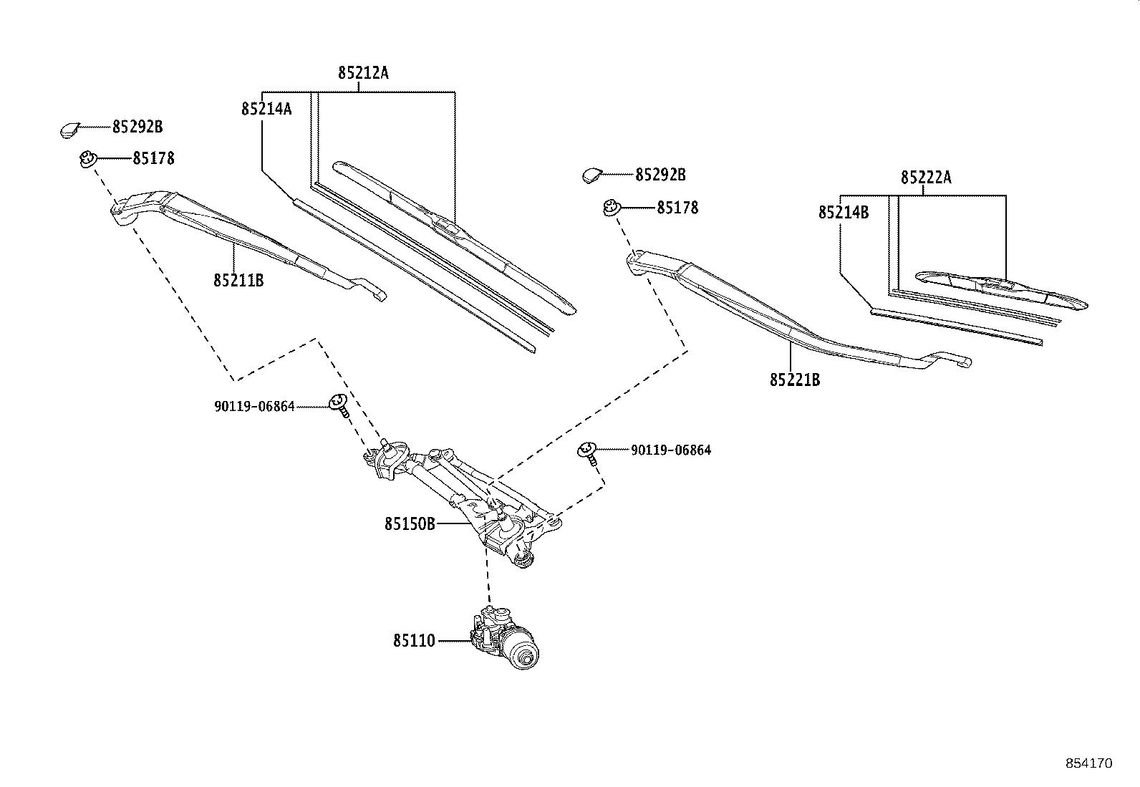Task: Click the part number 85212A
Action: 363,73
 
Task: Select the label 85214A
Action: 266,109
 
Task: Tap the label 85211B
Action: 238,281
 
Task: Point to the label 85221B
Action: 795,380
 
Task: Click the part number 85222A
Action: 926,177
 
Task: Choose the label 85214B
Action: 844,212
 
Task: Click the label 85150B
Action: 410,524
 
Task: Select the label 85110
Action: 413,641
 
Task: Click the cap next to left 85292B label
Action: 68,130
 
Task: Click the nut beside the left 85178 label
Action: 88,159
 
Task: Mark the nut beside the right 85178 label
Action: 612,208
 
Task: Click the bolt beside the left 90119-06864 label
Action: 339,405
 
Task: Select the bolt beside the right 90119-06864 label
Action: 588,453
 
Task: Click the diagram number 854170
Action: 1088,763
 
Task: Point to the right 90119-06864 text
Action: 670,450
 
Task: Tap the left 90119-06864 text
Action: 254,407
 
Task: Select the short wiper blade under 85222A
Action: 1003,290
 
